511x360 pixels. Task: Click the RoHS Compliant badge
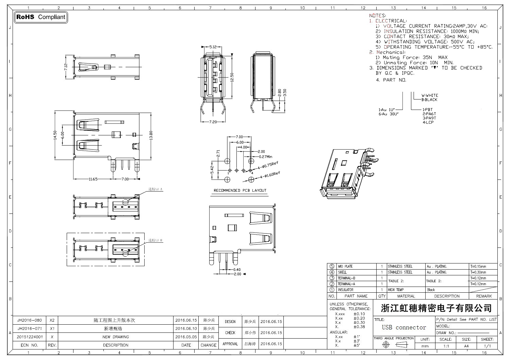[x=41, y=17]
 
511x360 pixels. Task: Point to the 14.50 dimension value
[x=55, y=135]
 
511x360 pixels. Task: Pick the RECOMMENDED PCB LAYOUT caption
[x=240, y=190]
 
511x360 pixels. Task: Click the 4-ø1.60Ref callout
[x=270, y=176]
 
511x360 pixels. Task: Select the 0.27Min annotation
[x=266, y=157]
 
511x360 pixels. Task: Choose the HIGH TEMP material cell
[x=396, y=290]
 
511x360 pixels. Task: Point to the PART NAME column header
[x=356, y=296]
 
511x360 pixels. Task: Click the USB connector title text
[x=404, y=327]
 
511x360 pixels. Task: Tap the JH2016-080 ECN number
[x=30, y=320]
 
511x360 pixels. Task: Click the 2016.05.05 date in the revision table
[x=186, y=337]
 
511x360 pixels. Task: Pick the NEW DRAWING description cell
[x=116, y=337]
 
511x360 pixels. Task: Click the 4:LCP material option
[x=428, y=122]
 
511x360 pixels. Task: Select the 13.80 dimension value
[x=151, y=135]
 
